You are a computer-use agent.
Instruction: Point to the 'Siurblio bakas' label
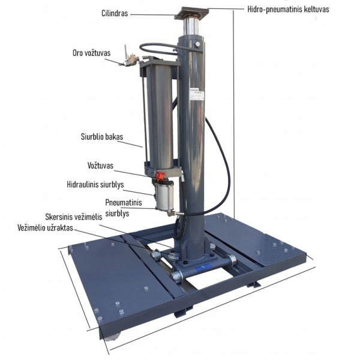[101, 137]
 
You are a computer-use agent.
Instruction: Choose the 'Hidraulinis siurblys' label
[95, 185]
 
